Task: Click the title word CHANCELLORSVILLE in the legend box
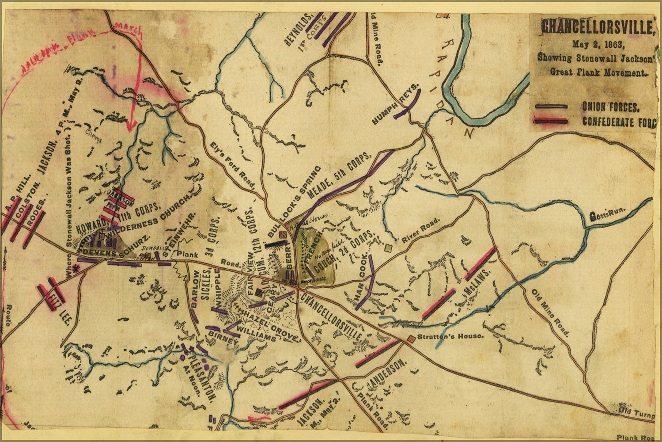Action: (x=596, y=27)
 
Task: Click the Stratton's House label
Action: (x=450, y=336)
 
